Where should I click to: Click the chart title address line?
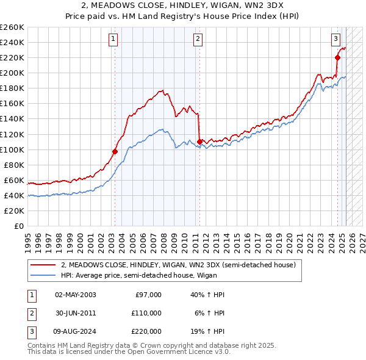coord(183,5)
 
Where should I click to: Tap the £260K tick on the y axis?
coord(12,27)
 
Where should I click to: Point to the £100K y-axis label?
coord(12,149)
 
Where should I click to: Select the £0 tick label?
coord(19,226)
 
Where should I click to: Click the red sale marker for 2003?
coord(115,151)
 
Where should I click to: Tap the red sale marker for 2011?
coord(199,142)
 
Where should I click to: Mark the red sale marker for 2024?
coord(337,57)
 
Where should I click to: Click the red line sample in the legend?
coord(43,265)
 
